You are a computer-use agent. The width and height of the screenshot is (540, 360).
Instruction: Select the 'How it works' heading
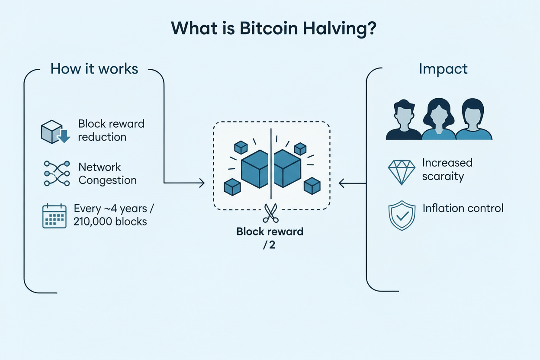tap(94, 68)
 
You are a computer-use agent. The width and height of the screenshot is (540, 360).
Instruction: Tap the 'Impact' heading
tap(443, 69)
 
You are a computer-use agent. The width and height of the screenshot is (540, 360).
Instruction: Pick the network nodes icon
tap(57, 174)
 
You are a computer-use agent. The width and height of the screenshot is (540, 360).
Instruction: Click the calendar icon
tap(54, 216)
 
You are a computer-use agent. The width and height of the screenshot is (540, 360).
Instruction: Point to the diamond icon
tap(401, 172)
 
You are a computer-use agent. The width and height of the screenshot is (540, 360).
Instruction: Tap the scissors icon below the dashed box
tap(270, 213)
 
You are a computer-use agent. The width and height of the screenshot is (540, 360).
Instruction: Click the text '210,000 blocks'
tap(110, 222)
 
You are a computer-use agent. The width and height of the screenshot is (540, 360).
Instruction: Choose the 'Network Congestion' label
tap(107, 174)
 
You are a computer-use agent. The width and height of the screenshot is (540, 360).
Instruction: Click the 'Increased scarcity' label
tap(447, 170)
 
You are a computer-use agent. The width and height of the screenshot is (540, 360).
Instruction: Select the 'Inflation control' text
tap(463, 208)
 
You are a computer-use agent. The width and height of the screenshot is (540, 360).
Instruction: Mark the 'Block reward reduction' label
tap(111, 130)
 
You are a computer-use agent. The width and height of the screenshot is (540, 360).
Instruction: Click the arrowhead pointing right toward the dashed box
tap(201, 183)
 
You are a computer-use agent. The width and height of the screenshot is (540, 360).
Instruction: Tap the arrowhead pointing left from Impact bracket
tap(342, 183)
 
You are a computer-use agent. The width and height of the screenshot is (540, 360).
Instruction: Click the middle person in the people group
tap(438, 119)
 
